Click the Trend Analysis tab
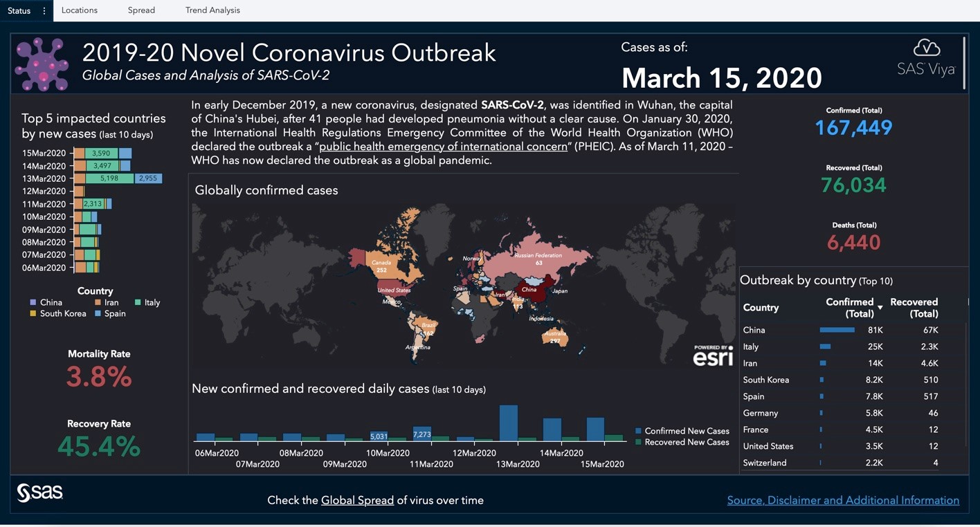[212, 10]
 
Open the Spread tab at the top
[141, 10]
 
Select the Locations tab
[80, 10]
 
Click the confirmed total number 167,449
[853, 128]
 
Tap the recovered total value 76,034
[853, 185]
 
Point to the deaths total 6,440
[853, 243]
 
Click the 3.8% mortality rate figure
[99, 377]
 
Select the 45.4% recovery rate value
[99, 447]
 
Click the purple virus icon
[42, 64]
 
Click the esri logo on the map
[713, 357]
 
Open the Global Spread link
[357, 500]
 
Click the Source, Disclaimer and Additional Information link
[843, 500]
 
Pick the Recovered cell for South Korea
[930, 380]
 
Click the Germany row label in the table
[761, 413]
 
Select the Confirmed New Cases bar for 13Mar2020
[509, 423]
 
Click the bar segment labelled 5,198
[109, 178]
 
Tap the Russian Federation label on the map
[538, 255]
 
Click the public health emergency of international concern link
[443, 147]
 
